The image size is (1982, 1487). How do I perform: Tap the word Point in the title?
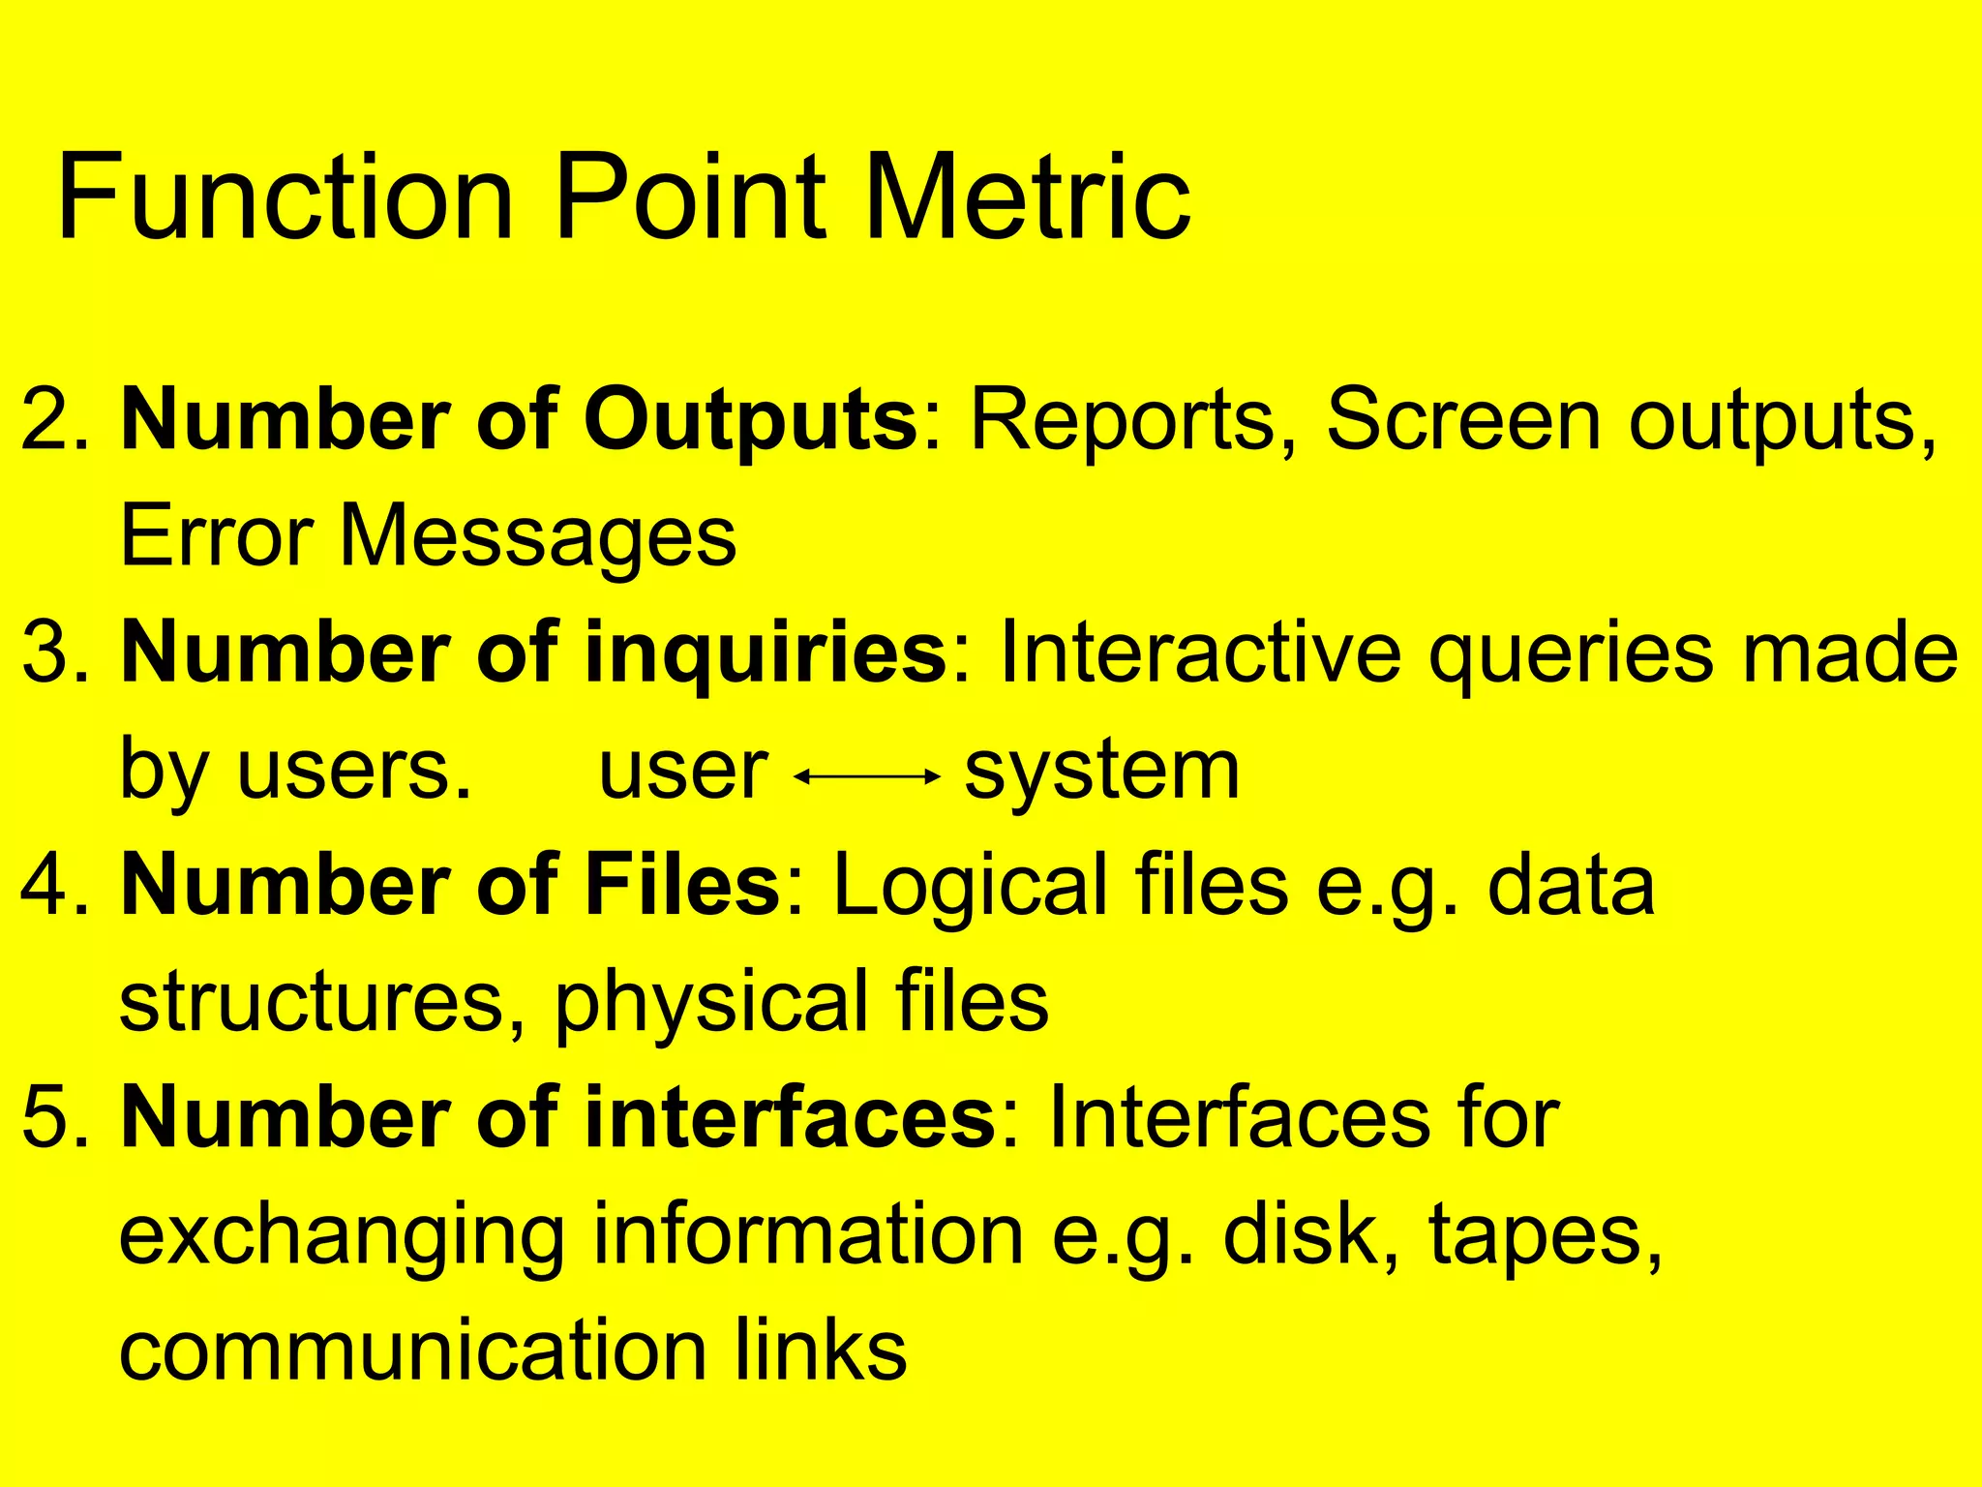tap(690, 198)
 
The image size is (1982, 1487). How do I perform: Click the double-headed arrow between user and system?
tap(867, 775)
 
